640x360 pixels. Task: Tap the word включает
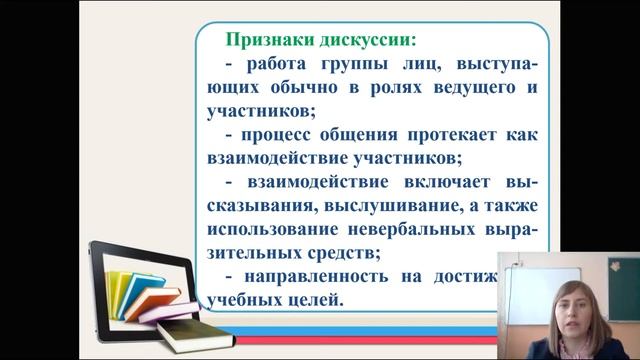coord(453,181)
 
